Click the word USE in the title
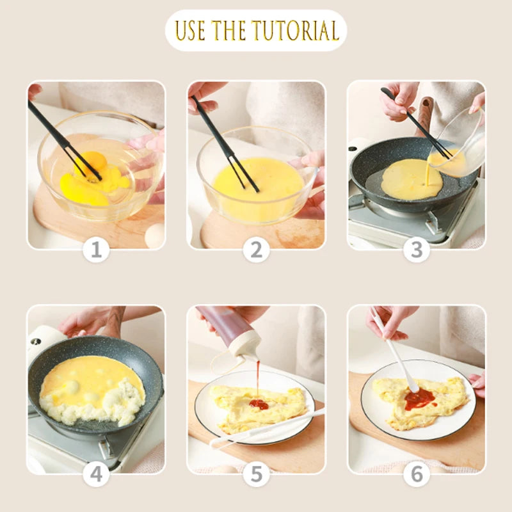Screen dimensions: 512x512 tap(191, 31)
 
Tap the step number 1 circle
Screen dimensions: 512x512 tap(96, 250)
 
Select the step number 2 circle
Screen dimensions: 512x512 tap(256, 250)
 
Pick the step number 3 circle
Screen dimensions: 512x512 tap(416, 250)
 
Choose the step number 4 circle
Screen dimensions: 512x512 tap(96, 474)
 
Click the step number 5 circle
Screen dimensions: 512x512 tap(256, 474)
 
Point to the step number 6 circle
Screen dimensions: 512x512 tap(416, 474)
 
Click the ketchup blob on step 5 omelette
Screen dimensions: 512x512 tap(259, 404)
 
